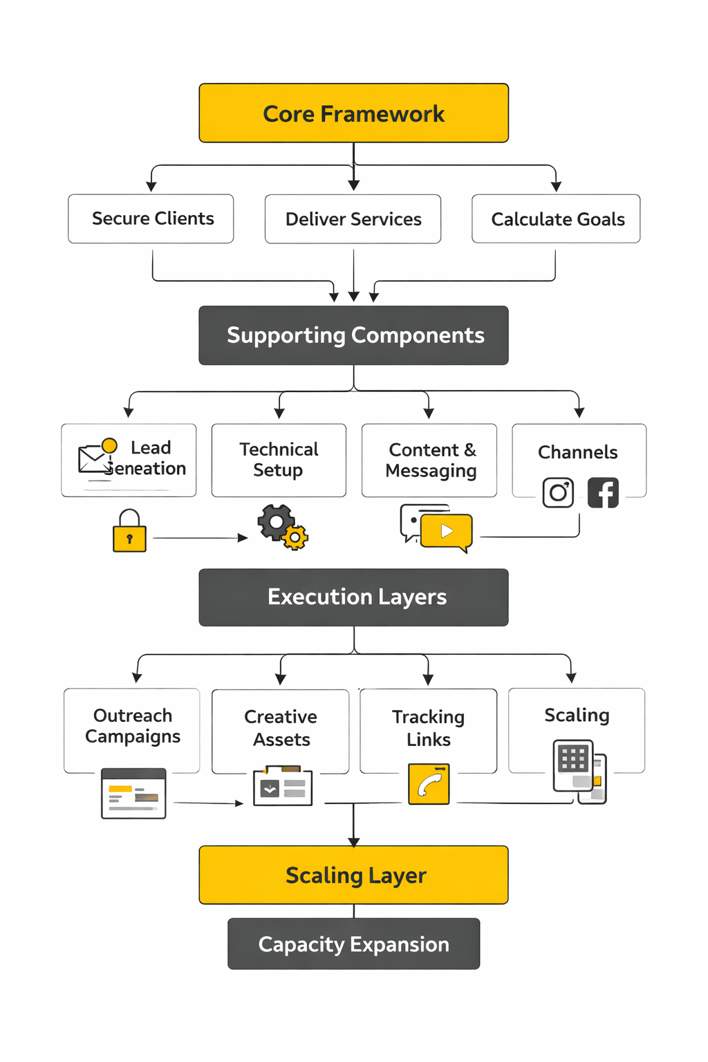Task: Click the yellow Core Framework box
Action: click(353, 113)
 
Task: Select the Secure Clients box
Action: click(151, 219)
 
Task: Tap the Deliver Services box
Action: click(353, 219)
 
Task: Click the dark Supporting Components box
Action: click(353, 335)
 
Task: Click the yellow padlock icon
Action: click(129, 532)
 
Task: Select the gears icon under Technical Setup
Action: click(282, 527)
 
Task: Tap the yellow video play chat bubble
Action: click(446, 532)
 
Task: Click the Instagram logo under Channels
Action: click(558, 493)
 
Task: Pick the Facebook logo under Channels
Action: click(603, 493)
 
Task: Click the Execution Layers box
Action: click(353, 597)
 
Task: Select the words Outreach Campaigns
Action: click(133, 726)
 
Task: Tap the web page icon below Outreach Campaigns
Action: click(133, 794)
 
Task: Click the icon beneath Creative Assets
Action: click(283, 786)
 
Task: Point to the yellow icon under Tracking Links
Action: click(429, 784)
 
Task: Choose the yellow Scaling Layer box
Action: click(353, 875)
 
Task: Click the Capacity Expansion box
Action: click(353, 944)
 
